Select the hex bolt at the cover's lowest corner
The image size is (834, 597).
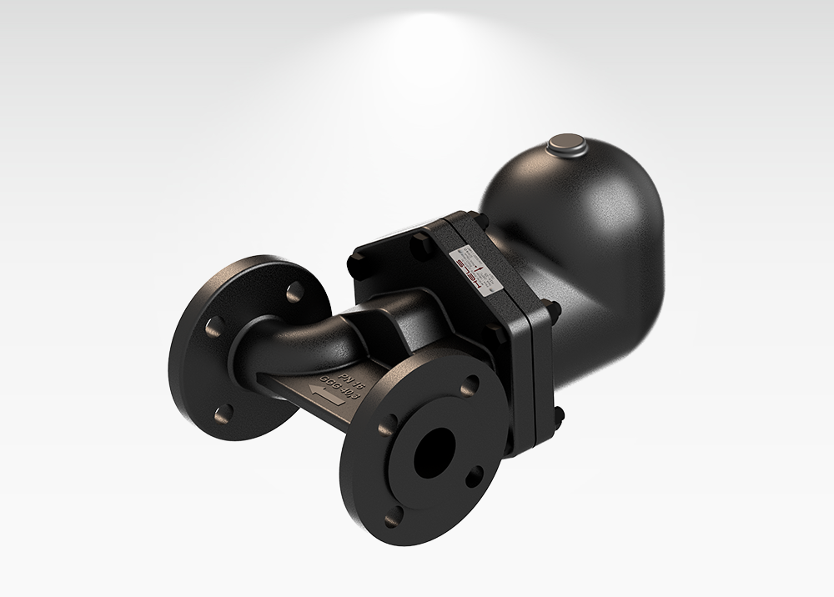pos(557,414)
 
